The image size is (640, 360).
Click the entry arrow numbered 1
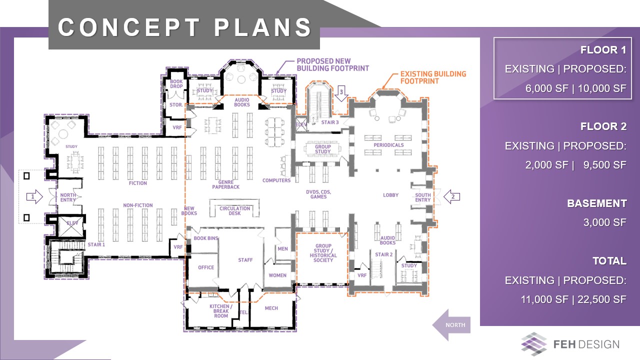tap(34, 196)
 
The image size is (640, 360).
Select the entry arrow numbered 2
tap(451, 196)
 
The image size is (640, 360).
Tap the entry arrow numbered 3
tap(341, 93)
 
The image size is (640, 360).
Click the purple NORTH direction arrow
tap(451, 325)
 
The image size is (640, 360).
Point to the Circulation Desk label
tap(235, 211)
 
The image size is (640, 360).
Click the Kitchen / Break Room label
tap(221, 311)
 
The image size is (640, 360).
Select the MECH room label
tap(271, 308)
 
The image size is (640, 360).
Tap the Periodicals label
tap(388, 145)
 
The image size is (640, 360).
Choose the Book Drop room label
tap(176, 83)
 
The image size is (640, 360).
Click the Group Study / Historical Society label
tap(323, 253)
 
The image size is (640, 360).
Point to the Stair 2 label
tap(383, 254)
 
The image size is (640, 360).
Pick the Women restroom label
tap(277, 275)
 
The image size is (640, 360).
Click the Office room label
tap(206, 267)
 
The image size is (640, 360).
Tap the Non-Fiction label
tap(137, 205)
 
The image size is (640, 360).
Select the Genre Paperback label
tap(225, 184)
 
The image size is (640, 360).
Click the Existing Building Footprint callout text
tap(433, 77)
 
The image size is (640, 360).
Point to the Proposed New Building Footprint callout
tap(333, 65)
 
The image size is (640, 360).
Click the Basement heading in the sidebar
tap(597, 203)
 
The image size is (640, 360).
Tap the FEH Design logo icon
tap(533, 344)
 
